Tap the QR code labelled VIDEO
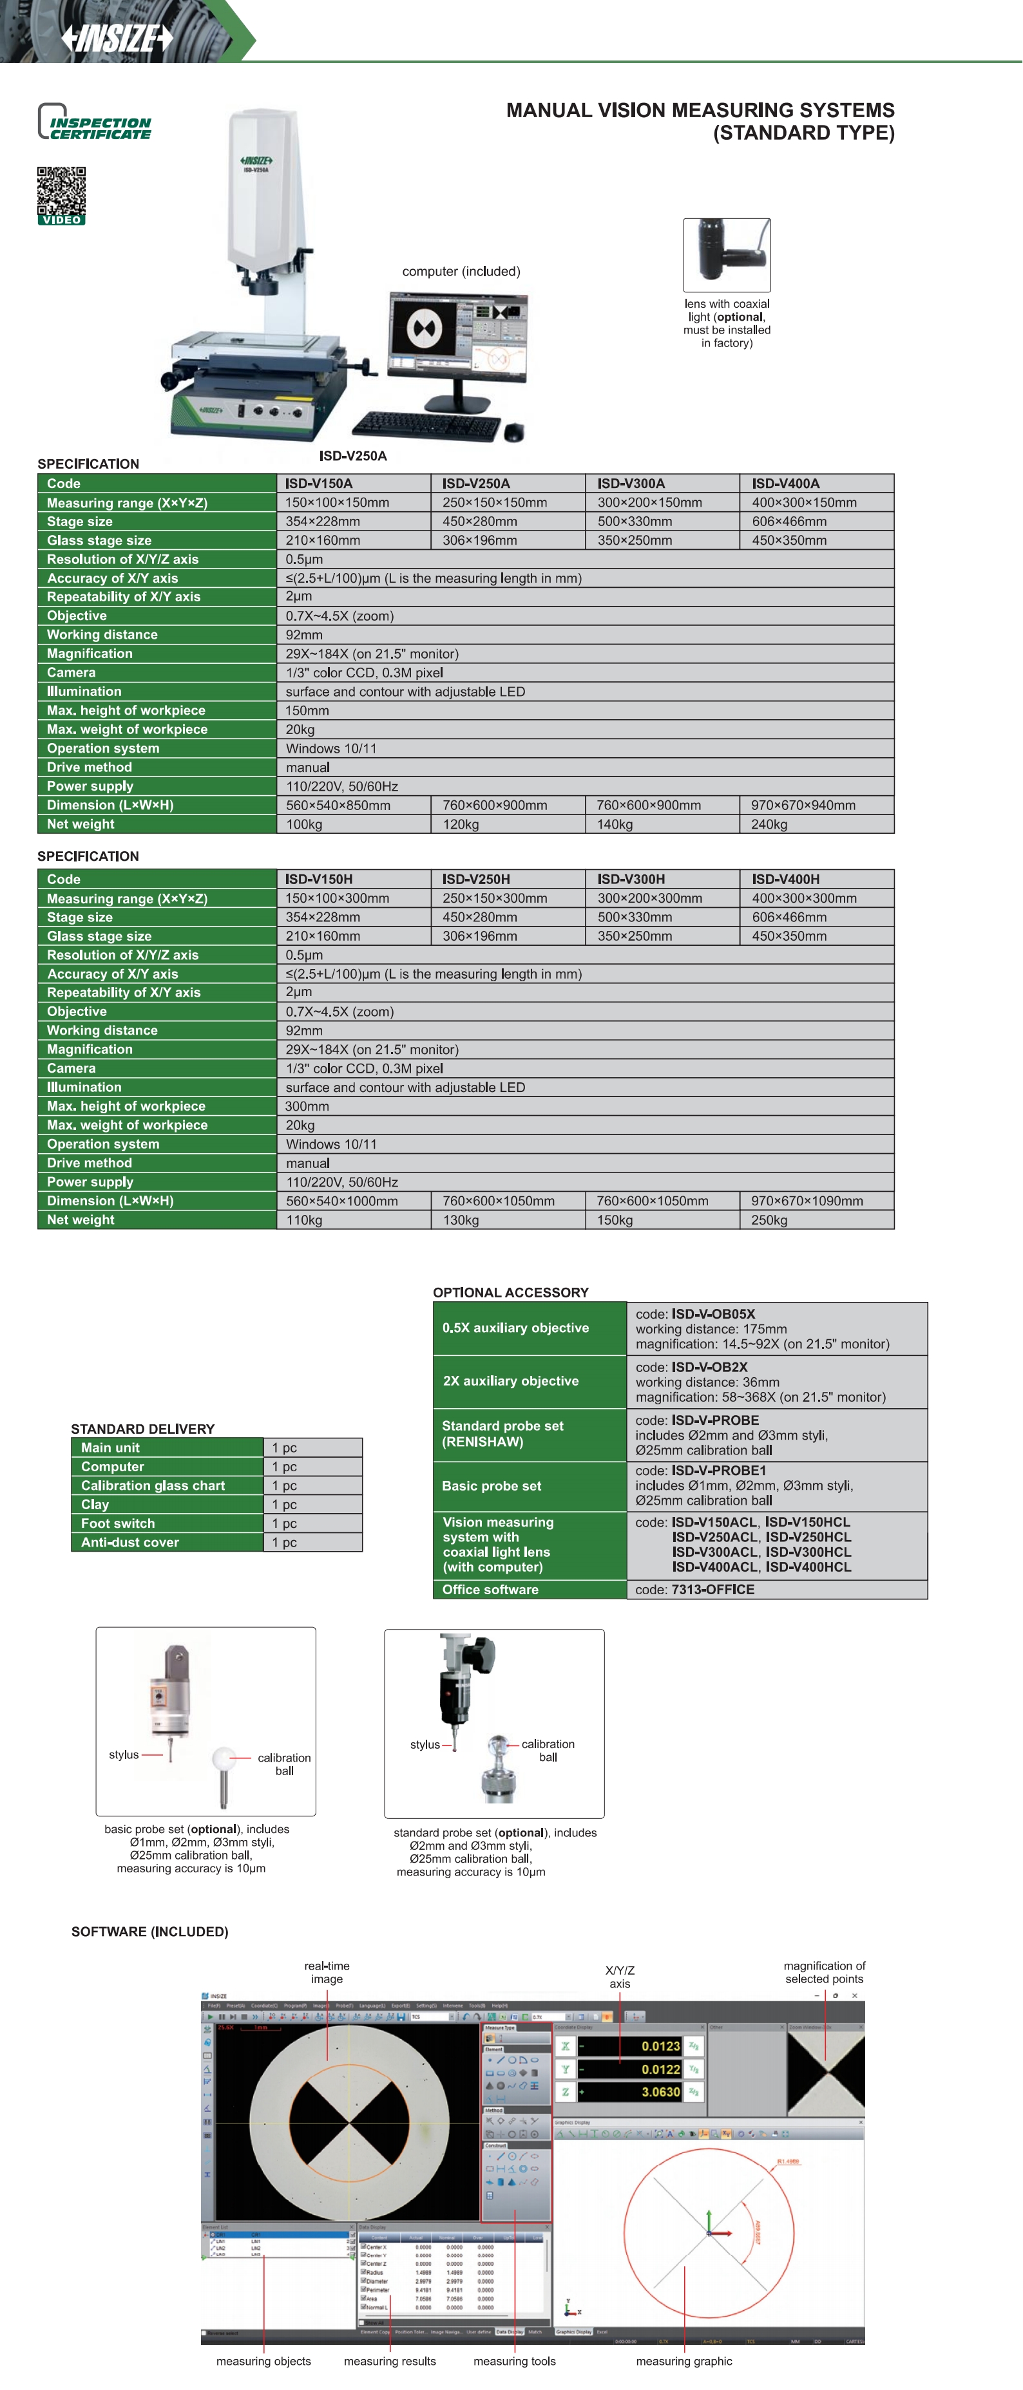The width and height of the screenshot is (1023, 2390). [61, 191]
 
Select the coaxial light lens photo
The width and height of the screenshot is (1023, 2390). [727, 254]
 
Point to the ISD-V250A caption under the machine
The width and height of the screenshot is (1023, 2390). [353, 456]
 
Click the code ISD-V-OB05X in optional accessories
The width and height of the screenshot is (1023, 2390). [713, 1313]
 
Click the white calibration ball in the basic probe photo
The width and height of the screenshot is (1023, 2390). [224, 1757]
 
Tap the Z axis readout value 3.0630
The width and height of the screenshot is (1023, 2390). [660, 2091]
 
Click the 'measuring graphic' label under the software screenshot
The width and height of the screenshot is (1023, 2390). [684, 2361]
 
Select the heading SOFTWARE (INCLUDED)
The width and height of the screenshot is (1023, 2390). [149, 1932]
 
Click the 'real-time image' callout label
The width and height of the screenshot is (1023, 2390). [327, 1971]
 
